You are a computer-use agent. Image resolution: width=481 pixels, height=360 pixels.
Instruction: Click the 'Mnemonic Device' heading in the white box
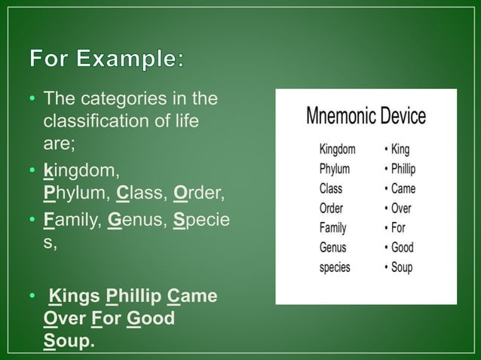[x=366, y=116]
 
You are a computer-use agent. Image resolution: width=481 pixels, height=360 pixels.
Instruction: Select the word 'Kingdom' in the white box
[x=337, y=149]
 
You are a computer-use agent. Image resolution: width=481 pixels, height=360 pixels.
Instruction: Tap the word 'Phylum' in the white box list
[x=334, y=169]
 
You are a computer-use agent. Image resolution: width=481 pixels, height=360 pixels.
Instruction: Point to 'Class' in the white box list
[x=331, y=188]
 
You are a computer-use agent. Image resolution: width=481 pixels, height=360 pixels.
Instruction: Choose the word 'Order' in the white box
[x=331, y=208]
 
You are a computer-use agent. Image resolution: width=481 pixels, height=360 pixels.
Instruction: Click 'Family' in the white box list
[x=332, y=227]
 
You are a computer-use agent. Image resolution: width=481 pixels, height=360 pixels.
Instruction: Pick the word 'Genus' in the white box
[x=332, y=247]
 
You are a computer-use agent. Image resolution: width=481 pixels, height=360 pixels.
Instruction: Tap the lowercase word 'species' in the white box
[x=335, y=267]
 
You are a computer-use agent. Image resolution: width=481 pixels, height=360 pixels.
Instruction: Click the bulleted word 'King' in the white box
[x=403, y=149]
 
